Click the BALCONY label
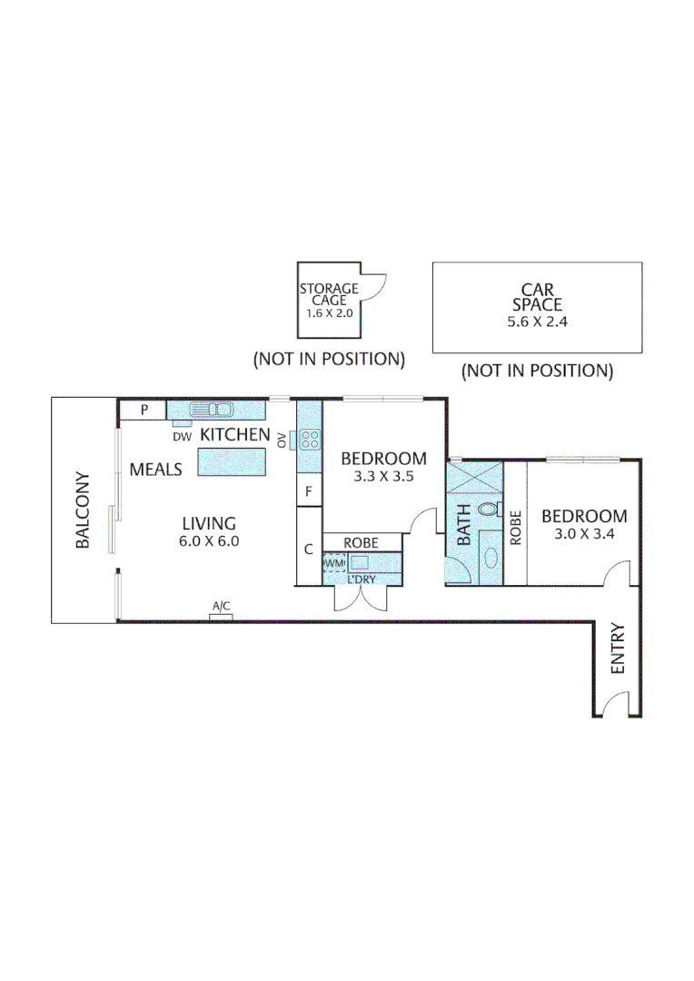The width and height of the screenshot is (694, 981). click(x=82, y=510)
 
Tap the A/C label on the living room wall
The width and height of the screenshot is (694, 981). click(x=221, y=606)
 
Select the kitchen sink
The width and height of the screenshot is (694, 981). click(x=212, y=410)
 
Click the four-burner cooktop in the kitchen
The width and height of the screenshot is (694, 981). click(x=310, y=440)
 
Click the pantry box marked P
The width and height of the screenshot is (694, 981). click(x=144, y=411)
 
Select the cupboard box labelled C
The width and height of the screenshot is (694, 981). click(x=309, y=548)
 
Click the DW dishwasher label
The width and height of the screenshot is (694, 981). click(x=183, y=436)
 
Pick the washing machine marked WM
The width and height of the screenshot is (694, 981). click(x=334, y=563)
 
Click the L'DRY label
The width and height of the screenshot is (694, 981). click(x=362, y=579)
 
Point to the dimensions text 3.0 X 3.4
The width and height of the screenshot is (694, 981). click(x=584, y=534)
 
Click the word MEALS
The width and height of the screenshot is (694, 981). click(x=156, y=470)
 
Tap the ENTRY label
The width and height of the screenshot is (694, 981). click(x=618, y=648)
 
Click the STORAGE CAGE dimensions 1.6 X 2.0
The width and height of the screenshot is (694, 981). click(x=329, y=312)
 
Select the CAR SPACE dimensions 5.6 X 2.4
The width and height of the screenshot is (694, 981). click(x=537, y=322)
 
